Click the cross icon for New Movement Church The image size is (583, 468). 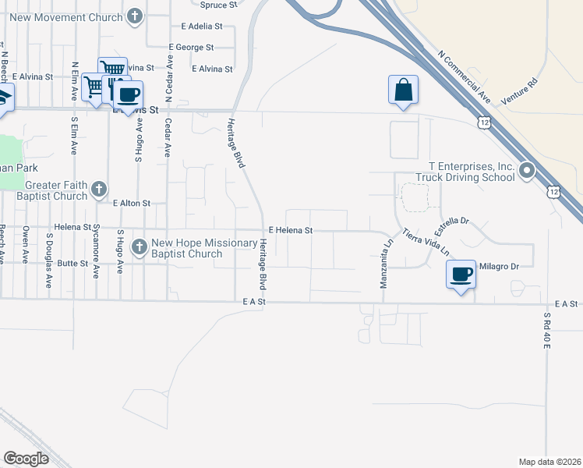pos(136,16)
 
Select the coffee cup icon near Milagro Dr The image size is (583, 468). pos(461,275)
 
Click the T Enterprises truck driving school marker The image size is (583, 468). pos(527,169)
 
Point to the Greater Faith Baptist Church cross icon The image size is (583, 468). pos(98,188)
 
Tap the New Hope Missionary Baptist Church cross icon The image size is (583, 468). pos(140,246)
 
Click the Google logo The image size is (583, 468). pos(26,458)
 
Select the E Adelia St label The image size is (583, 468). pos(201,26)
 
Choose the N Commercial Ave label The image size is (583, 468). pos(464,77)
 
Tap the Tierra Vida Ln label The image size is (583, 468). pos(426,242)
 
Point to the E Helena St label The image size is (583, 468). pos(290,230)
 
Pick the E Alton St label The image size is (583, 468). pos(131,203)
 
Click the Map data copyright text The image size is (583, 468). pos(549,462)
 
